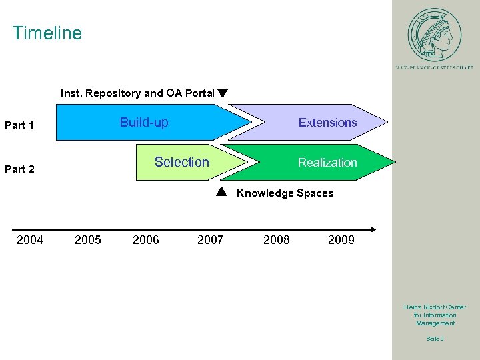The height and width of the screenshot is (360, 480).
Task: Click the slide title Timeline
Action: [x=47, y=33]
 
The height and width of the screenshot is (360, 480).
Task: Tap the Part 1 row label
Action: [x=19, y=125]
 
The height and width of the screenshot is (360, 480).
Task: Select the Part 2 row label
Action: [x=19, y=169]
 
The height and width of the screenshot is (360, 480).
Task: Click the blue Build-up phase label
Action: [x=144, y=123]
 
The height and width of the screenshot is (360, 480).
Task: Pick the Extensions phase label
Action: [x=327, y=123]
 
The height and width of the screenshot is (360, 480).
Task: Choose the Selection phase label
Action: [x=181, y=162]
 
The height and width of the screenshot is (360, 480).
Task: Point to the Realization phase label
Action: [x=327, y=163]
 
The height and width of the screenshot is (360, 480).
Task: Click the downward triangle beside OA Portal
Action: [x=223, y=93]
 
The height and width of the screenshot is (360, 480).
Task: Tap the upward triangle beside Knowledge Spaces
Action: [x=223, y=193]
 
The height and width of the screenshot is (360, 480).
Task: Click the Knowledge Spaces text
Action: [x=285, y=193]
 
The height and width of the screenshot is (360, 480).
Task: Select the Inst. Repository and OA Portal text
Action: [x=137, y=93]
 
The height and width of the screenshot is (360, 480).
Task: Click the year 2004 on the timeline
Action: [x=30, y=240]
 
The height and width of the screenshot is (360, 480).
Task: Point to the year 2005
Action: [x=88, y=240]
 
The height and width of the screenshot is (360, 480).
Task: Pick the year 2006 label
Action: [x=146, y=240]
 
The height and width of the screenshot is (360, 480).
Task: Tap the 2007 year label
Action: [x=211, y=240]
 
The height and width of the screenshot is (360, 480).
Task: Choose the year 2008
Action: [x=277, y=240]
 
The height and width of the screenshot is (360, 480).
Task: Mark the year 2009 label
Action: [x=341, y=240]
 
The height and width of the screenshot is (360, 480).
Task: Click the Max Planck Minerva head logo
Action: [x=435, y=35]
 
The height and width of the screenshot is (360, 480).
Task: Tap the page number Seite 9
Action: [x=435, y=339]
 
